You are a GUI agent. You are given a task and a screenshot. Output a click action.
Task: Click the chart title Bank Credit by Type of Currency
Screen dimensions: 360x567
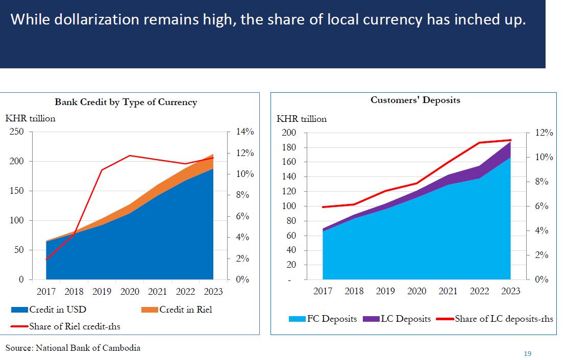126,102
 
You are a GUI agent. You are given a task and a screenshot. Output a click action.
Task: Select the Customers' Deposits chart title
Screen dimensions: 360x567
415,100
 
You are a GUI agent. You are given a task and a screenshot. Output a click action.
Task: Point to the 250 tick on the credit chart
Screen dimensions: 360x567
17,132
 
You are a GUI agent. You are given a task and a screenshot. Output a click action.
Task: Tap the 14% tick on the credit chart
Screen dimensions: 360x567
244,132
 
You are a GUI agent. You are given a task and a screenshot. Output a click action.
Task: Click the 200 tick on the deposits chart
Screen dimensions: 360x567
289,133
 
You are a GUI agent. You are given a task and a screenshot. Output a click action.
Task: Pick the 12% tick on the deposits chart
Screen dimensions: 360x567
544,133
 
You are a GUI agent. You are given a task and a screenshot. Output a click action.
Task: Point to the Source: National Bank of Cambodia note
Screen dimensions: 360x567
73,348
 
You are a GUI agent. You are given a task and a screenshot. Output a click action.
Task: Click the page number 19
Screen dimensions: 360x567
528,353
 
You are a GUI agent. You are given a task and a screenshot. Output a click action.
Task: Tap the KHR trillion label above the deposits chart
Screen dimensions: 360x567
302,119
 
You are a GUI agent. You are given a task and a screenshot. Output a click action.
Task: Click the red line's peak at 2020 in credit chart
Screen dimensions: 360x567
130,156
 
